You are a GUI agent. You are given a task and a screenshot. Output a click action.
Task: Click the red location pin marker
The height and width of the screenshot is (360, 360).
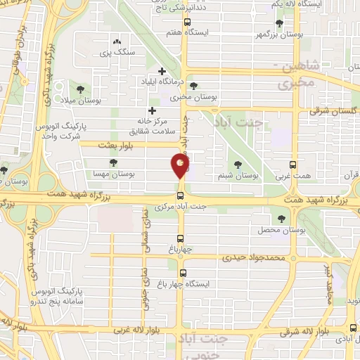coord(181,167)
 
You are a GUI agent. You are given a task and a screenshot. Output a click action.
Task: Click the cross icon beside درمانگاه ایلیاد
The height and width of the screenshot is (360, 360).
coord(163,71)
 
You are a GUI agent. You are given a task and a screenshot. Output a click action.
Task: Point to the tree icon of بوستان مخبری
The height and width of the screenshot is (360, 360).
coord(193,86)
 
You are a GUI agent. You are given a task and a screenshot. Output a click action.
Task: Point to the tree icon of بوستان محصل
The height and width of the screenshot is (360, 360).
coord(280,219)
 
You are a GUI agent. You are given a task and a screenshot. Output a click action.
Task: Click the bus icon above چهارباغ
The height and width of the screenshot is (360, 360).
coord(181,238)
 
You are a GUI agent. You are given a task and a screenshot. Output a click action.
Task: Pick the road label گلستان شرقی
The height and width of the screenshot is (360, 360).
coord(334,110)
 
